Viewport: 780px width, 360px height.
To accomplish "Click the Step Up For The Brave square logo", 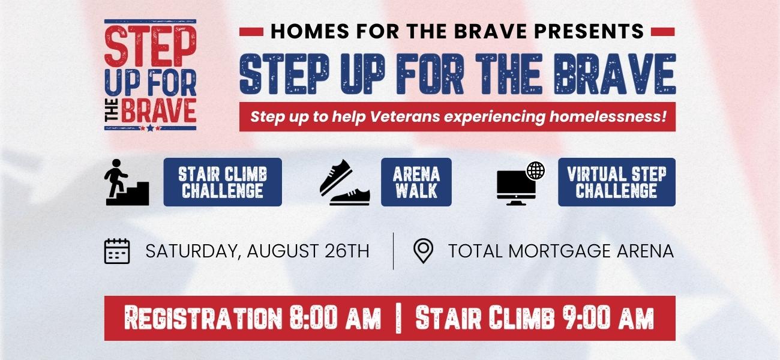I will point(151,75).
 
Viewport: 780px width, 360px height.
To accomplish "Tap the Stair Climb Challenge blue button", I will point(223,182).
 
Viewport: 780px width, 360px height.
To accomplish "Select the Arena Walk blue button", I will point(416,182).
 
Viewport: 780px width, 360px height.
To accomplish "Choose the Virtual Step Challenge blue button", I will point(616,182).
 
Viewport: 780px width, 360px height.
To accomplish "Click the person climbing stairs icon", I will point(126,182).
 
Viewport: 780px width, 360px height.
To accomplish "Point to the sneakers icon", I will point(344,183).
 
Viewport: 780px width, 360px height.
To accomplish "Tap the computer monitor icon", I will point(516,186).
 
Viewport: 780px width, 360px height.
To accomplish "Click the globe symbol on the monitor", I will point(535,170).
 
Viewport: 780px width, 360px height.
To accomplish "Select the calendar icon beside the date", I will point(117,251).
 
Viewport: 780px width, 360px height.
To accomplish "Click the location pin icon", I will point(424,251).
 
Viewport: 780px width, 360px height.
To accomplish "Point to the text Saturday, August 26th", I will point(257,251).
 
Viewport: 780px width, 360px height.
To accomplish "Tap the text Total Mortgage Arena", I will point(561,251).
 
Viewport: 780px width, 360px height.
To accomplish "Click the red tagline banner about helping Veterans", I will point(458,116).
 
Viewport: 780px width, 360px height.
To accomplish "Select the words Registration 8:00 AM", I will point(252,318).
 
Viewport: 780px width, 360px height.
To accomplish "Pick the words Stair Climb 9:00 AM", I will point(534,318).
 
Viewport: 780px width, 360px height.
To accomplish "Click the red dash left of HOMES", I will point(251,31).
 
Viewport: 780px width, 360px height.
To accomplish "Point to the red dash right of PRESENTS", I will point(663,31).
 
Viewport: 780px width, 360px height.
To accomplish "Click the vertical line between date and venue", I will point(394,251).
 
